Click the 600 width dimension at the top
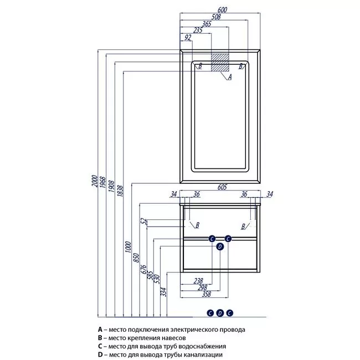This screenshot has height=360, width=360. [222, 10]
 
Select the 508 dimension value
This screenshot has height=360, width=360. [216, 17]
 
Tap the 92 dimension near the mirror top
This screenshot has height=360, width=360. [188, 37]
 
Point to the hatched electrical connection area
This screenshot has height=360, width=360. [220, 63]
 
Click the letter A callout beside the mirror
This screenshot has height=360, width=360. [230, 77]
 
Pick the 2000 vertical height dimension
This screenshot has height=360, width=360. [95, 181]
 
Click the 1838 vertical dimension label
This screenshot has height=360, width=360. [120, 191]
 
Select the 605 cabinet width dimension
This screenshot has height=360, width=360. [222, 187]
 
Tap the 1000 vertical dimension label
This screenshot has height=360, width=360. [128, 247]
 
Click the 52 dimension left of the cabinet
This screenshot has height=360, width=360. [144, 222]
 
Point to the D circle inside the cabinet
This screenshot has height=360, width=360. [220, 246]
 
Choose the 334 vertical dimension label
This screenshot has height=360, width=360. [163, 292]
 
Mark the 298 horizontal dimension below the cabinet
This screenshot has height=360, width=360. [202, 287]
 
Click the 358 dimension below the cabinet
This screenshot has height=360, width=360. [207, 294]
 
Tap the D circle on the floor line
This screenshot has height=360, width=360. [220, 313]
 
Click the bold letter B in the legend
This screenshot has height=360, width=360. [100, 338]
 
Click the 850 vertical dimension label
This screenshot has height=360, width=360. [136, 258]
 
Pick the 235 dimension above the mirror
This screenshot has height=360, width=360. [198, 30]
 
